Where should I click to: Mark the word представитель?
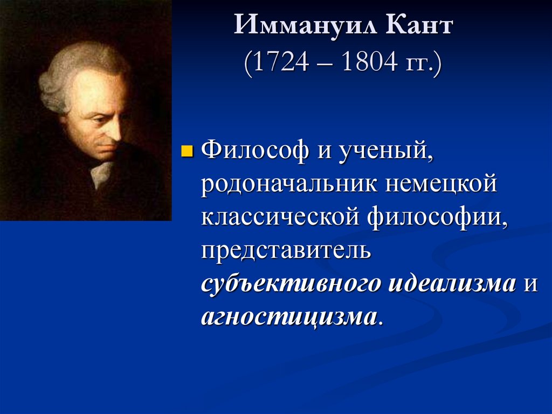286,251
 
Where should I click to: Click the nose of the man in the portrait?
114,132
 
